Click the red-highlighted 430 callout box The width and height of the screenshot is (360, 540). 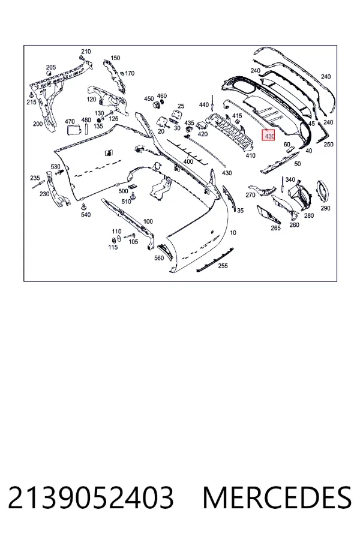(x=268, y=135)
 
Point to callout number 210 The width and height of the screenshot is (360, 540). (x=86, y=52)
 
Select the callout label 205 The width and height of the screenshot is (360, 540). (x=51, y=67)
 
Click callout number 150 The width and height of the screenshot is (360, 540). (x=115, y=58)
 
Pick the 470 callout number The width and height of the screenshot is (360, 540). (x=70, y=122)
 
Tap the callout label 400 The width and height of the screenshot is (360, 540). (x=188, y=161)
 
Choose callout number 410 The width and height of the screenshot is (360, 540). (x=250, y=155)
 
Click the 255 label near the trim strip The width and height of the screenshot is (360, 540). (x=223, y=266)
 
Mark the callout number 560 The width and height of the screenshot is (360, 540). (x=159, y=258)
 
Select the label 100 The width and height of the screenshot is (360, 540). (x=148, y=221)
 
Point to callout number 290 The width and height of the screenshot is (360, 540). (x=325, y=208)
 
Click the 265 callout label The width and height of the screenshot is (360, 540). (x=275, y=227)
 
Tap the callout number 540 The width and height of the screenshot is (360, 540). (x=85, y=215)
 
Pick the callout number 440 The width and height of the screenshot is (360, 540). (x=204, y=104)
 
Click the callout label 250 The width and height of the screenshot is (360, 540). (x=328, y=144)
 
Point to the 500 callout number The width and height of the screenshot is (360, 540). (x=123, y=191)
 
